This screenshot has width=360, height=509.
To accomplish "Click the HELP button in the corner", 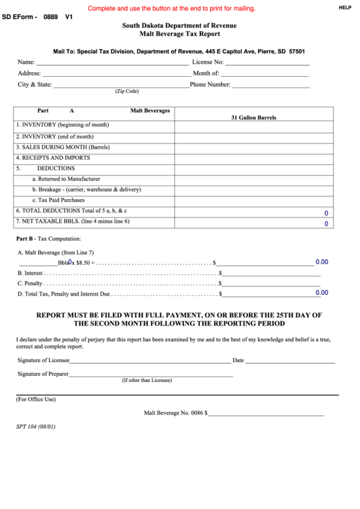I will pos(344,7).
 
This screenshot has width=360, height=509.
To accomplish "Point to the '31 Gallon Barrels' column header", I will pos(253,118).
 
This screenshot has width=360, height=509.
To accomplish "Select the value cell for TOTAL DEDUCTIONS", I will pos(254,212).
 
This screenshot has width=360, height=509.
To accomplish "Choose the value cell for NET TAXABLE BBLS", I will pos(254,223).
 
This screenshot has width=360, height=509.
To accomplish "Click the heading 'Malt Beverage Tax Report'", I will pos(179,33).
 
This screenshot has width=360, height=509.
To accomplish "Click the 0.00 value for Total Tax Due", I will pos(322,293).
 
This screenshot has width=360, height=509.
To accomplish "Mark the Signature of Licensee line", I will pos(149,361).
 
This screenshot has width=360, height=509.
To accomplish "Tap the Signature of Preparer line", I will pos(151,374).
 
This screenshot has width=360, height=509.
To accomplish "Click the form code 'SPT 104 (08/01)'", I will pos(35,427).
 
